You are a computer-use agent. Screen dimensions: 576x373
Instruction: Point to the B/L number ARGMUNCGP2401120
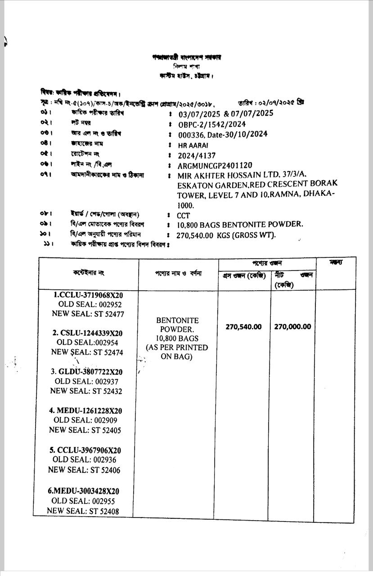tap(215, 166)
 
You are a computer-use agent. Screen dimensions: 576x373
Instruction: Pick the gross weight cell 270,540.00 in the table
tap(243, 327)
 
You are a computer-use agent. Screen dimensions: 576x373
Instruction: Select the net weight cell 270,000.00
tap(292, 327)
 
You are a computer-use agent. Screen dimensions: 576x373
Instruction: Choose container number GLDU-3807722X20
tap(90, 372)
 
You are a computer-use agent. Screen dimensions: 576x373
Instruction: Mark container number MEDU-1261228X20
tap(89, 411)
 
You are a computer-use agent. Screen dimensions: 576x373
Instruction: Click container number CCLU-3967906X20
tap(88, 450)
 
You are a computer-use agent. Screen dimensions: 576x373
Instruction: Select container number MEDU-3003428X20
tap(87, 491)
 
